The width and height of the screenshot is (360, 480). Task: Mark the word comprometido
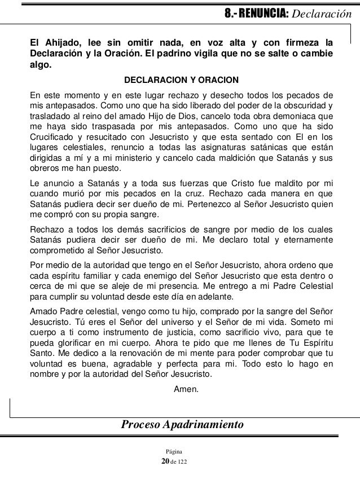coord(58,251)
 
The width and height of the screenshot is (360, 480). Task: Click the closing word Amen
coord(187,387)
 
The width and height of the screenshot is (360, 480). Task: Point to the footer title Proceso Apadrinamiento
coord(182,424)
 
